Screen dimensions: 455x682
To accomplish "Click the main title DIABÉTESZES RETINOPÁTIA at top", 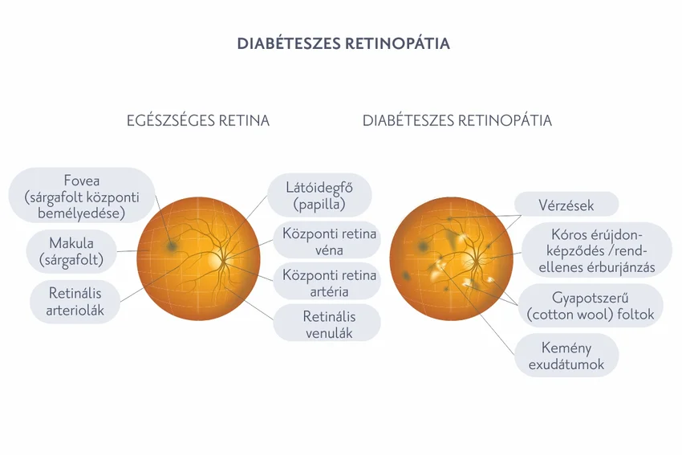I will [x=343, y=43].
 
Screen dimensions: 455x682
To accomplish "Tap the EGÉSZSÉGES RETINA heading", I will [x=198, y=121].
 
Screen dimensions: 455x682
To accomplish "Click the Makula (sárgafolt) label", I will [x=71, y=250].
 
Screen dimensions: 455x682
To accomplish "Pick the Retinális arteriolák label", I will [x=75, y=301].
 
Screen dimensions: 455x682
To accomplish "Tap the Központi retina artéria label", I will [x=329, y=282].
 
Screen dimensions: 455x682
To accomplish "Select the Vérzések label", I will [x=566, y=205].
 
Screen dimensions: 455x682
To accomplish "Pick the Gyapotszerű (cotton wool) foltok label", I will [x=591, y=306].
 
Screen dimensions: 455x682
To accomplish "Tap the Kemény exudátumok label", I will [x=566, y=355].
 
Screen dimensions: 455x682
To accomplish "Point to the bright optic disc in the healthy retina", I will [x=215, y=261].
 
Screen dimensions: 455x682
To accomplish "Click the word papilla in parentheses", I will [x=319, y=205].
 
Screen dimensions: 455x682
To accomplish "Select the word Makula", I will [x=71, y=242].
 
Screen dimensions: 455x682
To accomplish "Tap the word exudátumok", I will [x=566, y=364].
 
